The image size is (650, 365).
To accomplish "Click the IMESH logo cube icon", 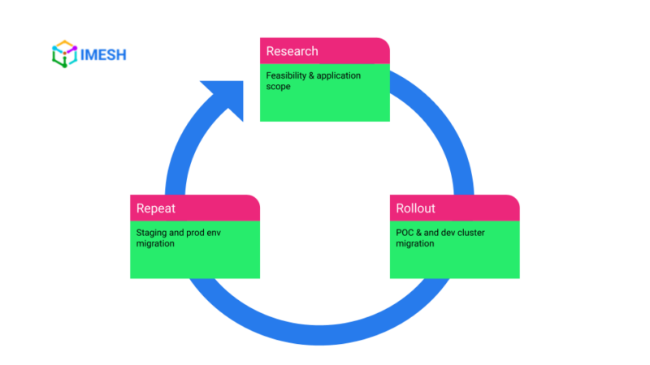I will [63, 54].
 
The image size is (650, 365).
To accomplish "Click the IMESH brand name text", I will [103, 55].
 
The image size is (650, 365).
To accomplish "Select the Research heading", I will [292, 51].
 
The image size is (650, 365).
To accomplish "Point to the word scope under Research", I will [279, 86].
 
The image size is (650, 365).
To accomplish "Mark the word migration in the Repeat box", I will [155, 243].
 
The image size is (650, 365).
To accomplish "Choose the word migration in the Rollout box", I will [415, 243].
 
